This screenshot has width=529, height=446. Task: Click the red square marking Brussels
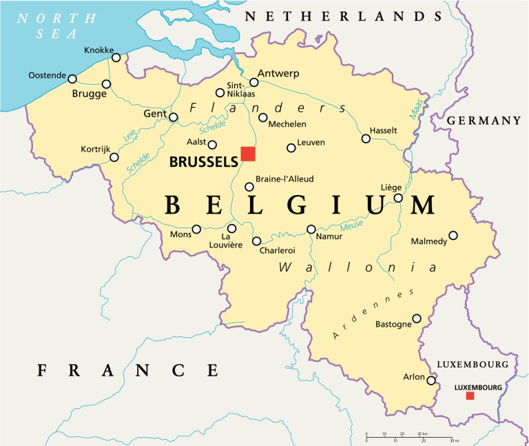coord(248,154)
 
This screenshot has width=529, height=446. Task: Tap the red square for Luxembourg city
coord(470,396)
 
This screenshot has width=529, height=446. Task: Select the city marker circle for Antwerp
coord(253,83)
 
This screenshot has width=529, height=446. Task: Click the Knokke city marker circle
coord(116,58)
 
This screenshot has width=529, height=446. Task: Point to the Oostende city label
coord(48,75)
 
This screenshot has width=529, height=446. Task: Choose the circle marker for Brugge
coord(106,84)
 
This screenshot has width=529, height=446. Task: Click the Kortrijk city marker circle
coord(114,158)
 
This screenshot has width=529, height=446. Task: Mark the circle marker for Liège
coord(398,199)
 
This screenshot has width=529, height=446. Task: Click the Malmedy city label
coord(429,241)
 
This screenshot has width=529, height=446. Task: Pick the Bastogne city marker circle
coord(417,318)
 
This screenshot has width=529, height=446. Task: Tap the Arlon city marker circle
coord(431,381)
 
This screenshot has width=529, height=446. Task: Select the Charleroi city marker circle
coord(257,241)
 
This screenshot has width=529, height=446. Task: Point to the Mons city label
coord(180,234)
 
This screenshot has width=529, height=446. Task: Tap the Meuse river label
coord(353,225)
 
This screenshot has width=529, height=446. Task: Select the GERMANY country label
coord(484,121)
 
